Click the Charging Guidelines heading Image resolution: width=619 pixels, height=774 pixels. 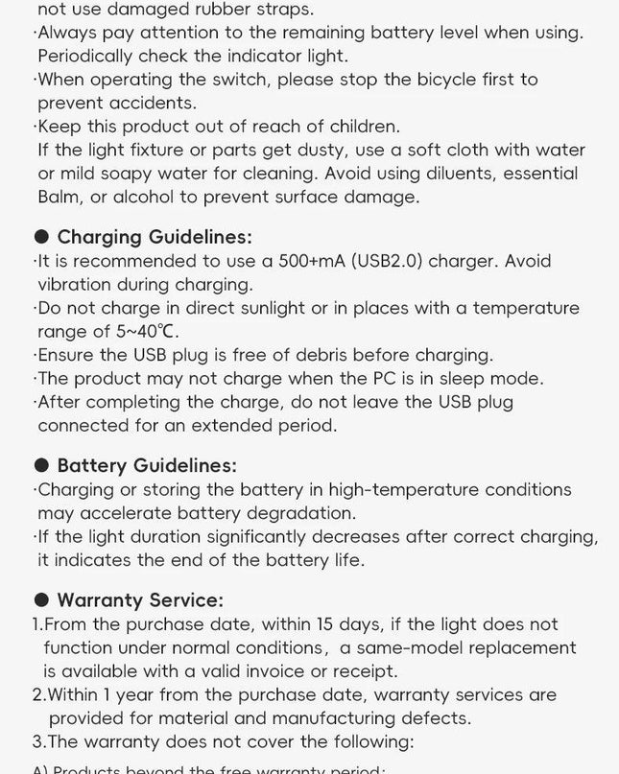pos(155,237)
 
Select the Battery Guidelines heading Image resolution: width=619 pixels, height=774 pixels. pos(146,465)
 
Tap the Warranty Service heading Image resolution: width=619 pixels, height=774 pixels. pos(140,600)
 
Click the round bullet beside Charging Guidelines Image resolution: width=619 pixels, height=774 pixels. pos(41,237)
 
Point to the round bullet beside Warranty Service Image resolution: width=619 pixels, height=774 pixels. pos(41,600)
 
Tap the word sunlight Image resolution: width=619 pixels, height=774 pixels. pos(262,308)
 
